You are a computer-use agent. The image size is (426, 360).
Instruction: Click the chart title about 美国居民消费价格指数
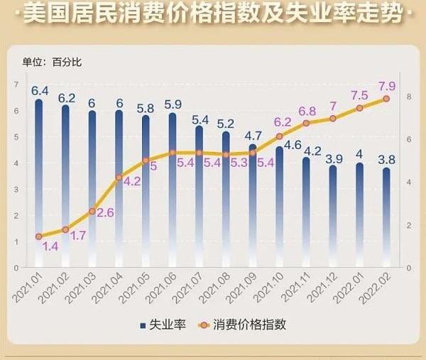[213, 14]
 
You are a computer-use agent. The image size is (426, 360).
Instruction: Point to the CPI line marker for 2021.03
[92, 212]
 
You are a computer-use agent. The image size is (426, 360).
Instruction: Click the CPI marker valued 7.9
[387, 99]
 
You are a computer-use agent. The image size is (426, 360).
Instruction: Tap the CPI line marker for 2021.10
[279, 136]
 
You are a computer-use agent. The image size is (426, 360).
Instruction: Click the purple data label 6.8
[307, 111]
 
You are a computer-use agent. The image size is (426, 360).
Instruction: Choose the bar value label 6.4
[40, 90]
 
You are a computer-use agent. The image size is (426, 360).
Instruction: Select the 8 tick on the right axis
[410, 97]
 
